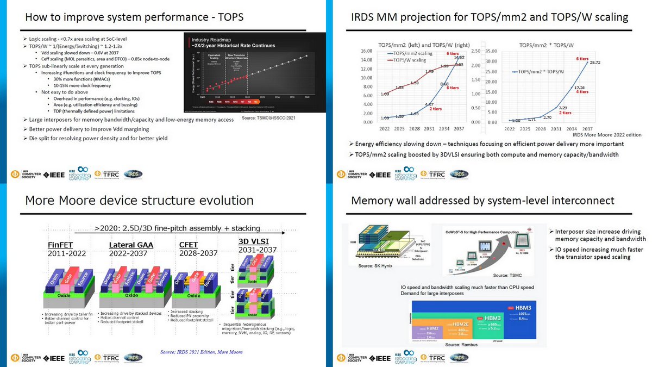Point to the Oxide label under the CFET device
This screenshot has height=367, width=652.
193,296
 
